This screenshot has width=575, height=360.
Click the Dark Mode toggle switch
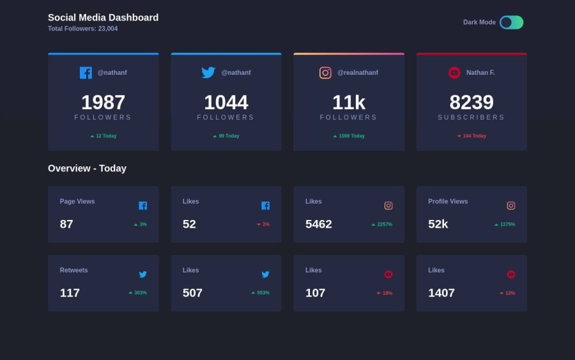(511, 22)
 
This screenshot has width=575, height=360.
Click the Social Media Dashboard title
(103, 17)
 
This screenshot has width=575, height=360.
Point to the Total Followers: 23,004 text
(82, 29)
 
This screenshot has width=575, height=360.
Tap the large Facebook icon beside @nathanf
(86, 73)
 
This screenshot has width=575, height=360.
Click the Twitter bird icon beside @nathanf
(208, 73)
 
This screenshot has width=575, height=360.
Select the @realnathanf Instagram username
(357, 73)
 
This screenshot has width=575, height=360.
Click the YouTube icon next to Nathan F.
(454, 73)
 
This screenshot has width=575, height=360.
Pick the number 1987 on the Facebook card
(103, 102)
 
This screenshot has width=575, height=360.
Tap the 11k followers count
(348, 102)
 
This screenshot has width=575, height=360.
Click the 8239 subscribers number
(471, 102)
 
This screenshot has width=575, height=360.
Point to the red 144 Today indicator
(471, 136)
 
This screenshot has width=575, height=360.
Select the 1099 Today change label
(349, 136)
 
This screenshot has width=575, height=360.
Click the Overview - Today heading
(87, 168)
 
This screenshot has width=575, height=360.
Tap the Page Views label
(77, 201)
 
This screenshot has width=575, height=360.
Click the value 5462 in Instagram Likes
(319, 224)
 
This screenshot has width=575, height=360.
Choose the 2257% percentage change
(382, 224)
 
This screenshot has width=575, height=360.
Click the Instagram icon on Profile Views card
(511, 206)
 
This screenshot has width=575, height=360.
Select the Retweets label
(74, 270)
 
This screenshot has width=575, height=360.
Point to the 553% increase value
(261, 293)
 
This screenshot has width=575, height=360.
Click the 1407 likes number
(441, 293)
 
